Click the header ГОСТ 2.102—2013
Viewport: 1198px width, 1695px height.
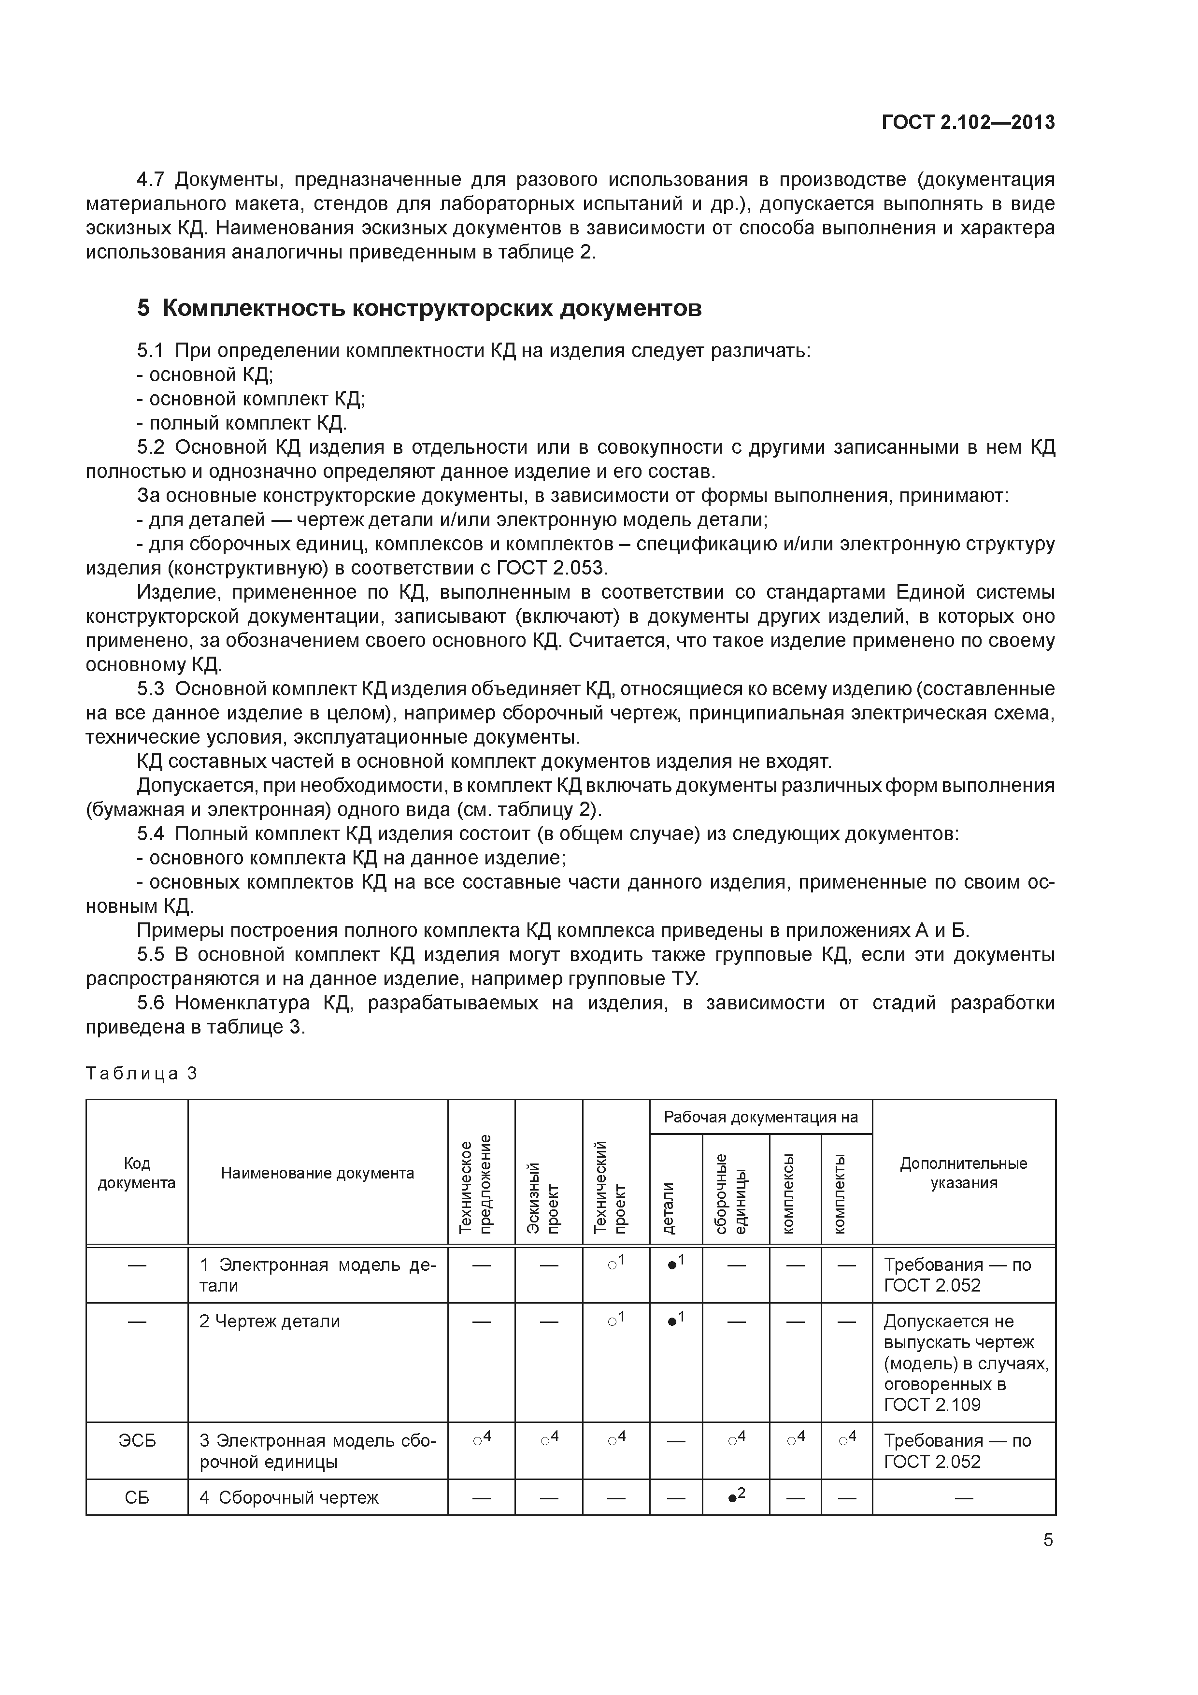[x=968, y=123]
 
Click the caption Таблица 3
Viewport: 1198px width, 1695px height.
[x=142, y=1074]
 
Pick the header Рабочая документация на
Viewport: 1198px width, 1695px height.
[x=760, y=1117]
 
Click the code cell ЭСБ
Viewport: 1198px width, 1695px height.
[x=137, y=1440]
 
